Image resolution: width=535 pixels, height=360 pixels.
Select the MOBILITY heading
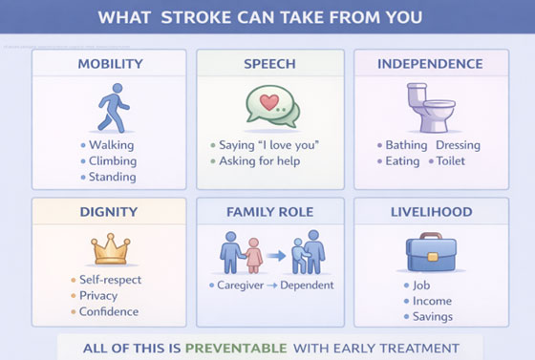(x=110, y=64)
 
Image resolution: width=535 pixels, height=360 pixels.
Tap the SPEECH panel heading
(x=267, y=64)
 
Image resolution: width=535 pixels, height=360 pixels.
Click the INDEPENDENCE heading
(x=430, y=64)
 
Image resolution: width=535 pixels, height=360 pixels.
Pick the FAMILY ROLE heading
(x=268, y=211)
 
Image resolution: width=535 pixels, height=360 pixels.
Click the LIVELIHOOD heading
(x=429, y=211)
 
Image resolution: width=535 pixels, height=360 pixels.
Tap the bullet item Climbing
(x=113, y=161)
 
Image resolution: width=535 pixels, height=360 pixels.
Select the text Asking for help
(x=261, y=161)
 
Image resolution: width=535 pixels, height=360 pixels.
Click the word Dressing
(x=458, y=145)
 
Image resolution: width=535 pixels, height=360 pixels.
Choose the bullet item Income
(x=432, y=301)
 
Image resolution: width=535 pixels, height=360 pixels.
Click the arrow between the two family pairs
(x=276, y=256)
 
